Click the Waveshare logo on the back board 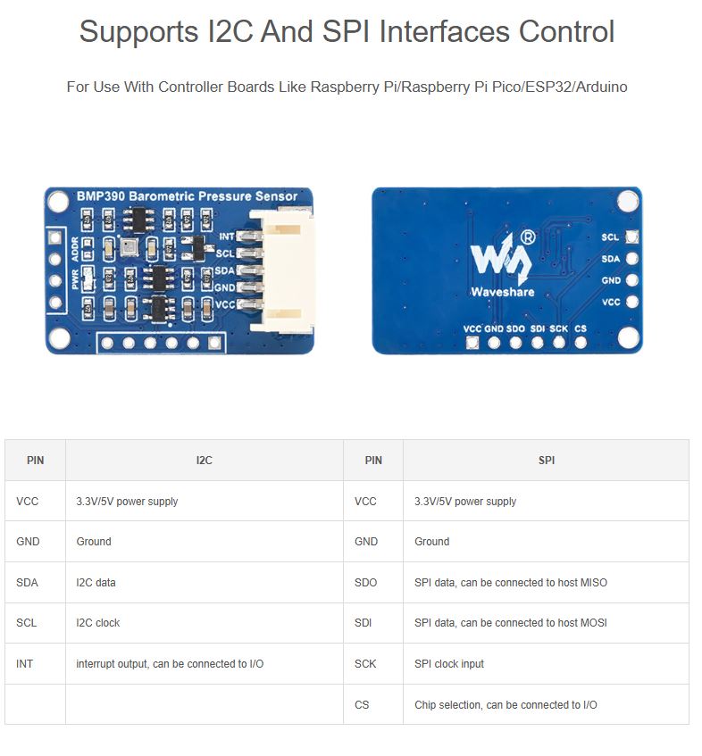click(x=502, y=264)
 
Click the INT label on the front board click(x=226, y=237)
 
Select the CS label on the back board click(x=581, y=328)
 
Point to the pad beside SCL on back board click(x=632, y=237)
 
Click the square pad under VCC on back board click(x=472, y=343)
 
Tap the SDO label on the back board click(x=515, y=328)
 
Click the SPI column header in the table click(x=547, y=461)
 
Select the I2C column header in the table click(x=205, y=461)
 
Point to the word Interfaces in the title click(x=445, y=32)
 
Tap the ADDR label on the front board click(x=75, y=249)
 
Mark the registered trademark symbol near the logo click(x=529, y=237)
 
